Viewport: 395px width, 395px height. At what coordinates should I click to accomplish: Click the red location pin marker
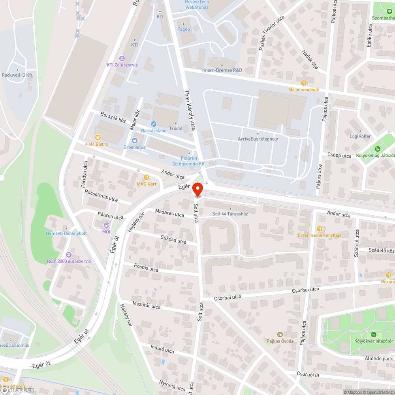click(197, 190)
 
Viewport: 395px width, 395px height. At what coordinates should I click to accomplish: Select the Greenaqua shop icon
click(135, 140)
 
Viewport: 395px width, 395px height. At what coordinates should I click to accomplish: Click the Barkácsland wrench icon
click(154, 124)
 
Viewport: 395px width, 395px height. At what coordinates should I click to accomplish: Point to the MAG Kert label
click(147, 184)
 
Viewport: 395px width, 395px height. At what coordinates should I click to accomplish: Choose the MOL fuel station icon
click(107, 225)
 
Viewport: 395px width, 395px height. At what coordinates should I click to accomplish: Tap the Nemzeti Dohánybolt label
click(66, 233)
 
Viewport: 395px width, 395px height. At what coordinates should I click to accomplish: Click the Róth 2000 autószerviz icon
click(69, 255)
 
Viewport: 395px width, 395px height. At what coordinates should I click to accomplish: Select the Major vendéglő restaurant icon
click(303, 83)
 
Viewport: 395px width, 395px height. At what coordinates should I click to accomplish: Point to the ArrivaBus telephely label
click(258, 139)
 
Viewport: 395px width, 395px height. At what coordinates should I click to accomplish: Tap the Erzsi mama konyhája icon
click(319, 229)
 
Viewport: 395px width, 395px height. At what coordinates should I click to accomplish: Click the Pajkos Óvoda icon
click(280, 335)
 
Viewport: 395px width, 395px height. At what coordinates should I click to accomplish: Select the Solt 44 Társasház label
click(230, 214)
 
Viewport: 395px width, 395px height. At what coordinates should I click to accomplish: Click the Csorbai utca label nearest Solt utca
click(228, 297)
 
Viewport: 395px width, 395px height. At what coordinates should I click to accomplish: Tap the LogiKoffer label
click(360, 136)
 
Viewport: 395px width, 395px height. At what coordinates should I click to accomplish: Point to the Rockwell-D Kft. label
click(17, 75)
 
